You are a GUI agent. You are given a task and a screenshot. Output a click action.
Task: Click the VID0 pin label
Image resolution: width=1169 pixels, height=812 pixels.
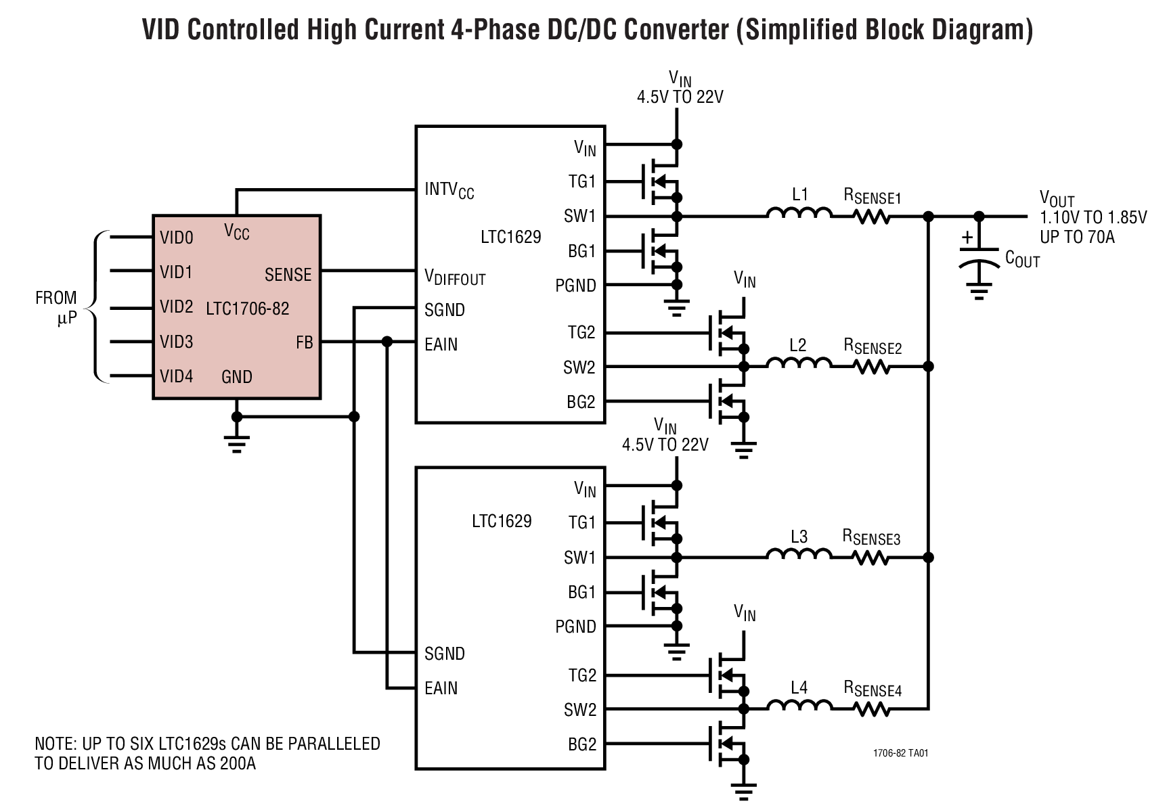pos(177,238)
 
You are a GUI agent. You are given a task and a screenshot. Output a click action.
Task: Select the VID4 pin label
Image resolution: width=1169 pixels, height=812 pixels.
pos(177,376)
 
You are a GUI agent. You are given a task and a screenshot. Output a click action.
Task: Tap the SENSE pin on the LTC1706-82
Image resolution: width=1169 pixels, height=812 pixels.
pos(288,275)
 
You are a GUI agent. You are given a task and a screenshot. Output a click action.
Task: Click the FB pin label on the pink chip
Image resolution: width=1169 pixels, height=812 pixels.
pos(305,343)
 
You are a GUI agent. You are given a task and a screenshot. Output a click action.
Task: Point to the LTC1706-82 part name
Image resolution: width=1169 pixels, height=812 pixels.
pos(247,309)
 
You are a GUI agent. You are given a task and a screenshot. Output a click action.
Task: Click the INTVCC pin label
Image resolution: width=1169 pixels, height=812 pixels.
pos(449,189)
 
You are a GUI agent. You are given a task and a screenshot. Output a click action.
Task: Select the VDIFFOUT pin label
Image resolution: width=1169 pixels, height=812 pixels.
pos(455,277)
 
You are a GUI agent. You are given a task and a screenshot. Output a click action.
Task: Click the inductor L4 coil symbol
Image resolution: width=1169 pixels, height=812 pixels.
pos(799,705)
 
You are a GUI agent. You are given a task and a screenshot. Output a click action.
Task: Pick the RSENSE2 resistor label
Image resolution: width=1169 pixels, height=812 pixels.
pos(873,346)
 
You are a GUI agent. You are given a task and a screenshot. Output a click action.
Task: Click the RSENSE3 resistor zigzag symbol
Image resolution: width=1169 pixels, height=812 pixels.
pos(872,558)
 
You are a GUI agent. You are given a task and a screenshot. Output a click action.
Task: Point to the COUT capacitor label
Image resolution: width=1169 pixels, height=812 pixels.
pos(1022,258)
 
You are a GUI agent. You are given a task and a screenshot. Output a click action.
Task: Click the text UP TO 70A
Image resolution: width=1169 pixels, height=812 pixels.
pos(1077,237)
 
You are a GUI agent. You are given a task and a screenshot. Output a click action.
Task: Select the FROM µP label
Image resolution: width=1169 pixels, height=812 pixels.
pos(57,307)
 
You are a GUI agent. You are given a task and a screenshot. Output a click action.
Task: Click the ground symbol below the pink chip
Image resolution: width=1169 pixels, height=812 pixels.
pos(236,443)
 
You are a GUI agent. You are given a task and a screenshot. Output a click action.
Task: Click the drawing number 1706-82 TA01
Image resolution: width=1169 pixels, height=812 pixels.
pos(900,753)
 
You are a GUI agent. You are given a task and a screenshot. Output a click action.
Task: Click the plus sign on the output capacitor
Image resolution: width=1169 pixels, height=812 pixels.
pos(968,238)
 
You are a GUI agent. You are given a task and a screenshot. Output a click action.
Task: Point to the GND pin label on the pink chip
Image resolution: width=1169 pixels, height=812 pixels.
pos(236,377)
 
